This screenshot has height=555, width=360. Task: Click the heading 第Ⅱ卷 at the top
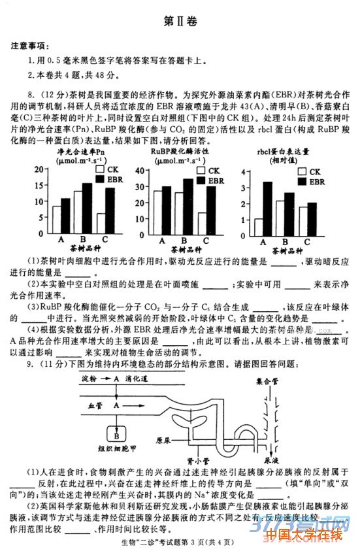pos(179,20)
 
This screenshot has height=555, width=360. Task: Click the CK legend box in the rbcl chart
pos(302,171)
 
